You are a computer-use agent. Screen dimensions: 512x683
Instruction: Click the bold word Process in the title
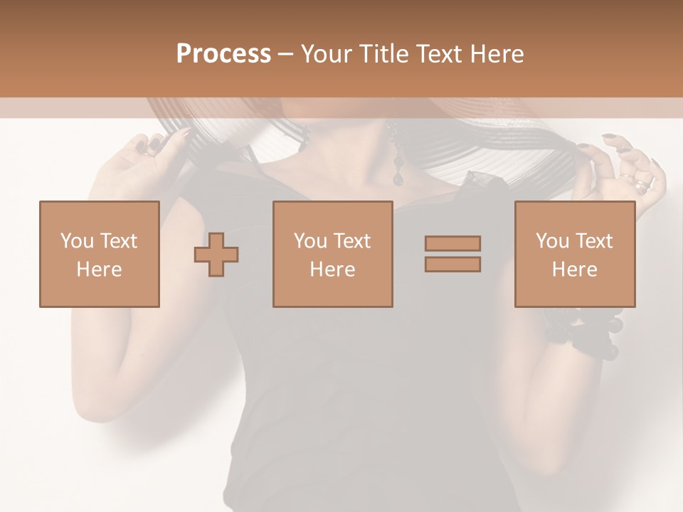point(223,54)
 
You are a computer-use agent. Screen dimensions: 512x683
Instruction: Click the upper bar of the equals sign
point(452,243)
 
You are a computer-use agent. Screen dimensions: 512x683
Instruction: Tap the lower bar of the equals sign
point(452,265)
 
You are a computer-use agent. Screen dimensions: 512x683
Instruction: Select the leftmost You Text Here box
point(99,255)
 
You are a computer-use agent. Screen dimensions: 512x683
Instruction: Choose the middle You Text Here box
point(332,255)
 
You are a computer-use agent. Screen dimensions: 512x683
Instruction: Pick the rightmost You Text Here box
point(575,255)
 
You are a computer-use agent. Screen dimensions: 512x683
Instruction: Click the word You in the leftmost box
point(75,241)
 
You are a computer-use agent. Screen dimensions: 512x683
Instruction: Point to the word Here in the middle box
point(332,270)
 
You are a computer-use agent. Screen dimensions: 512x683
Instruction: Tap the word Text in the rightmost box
point(594,241)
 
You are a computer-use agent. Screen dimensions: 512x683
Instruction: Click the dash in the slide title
point(285,55)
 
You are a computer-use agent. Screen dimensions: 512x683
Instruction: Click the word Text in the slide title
point(439,54)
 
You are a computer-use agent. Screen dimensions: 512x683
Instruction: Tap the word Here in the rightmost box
point(574,270)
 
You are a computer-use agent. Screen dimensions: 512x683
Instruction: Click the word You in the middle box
point(309,241)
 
